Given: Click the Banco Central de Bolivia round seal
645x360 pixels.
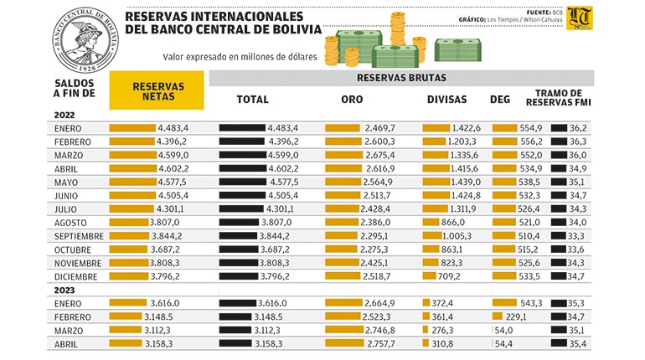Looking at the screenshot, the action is [85, 40].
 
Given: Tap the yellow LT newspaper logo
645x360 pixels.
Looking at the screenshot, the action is [579, 18].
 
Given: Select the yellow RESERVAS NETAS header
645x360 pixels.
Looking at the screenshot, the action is [157, 90].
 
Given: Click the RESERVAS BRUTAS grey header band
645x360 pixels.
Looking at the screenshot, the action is [401, 78].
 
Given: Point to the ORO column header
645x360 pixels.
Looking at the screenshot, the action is [352, 100].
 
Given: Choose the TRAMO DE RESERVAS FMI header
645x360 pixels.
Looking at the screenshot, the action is [558, 98].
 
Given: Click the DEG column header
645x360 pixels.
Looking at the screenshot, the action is [500, 100].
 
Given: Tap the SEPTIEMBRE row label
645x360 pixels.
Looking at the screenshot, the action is [79, 236].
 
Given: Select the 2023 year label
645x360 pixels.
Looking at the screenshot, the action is [64, 291].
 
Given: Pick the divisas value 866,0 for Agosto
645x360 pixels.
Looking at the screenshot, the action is [454, 223].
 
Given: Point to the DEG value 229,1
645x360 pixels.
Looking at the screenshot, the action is [516, 317].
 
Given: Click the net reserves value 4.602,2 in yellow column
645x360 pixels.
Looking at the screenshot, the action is [174, 169].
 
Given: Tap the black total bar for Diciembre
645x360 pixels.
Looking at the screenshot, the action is [239, 276].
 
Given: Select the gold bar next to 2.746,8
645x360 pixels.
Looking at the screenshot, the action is [344, 330].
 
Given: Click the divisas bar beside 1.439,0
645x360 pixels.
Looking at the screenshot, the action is [436, 182].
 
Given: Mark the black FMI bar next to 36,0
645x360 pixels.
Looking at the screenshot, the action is [559, 156].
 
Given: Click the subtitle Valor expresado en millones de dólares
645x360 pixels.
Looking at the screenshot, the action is [240, 57].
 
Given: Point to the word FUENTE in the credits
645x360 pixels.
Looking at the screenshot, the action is [539, 13].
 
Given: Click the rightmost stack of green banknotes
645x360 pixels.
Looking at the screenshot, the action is [458, 50].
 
